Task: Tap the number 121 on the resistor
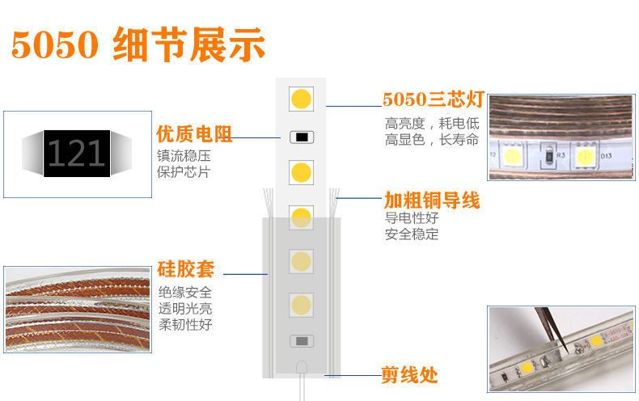pos(76,154)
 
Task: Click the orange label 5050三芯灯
pos(433,100)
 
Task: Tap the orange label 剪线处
pos(409,374)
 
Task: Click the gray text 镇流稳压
pos(184,155)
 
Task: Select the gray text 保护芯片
pos(184,172)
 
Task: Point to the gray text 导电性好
pos(412,217)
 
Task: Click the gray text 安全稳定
pos(412,234)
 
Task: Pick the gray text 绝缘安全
pos(185,292)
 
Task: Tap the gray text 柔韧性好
pos(185,324)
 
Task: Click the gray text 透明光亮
pos(185,308)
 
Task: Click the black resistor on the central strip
pos(301,137)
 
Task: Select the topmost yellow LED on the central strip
pos(301,100)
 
